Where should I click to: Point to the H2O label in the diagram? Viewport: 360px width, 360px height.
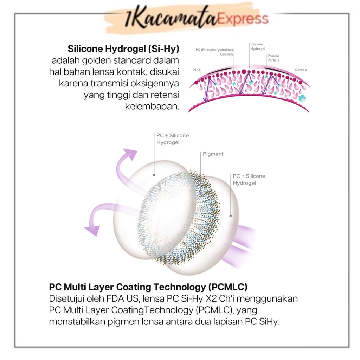click(x=197, y=70)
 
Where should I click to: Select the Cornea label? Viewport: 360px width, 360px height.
click(x=301, y=70)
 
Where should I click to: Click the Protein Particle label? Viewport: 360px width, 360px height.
click(x=274, y=58)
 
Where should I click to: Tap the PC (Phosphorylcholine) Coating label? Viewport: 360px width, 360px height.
click(x=214, y=52)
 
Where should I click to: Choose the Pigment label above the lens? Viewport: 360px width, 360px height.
click(x=213, y=154)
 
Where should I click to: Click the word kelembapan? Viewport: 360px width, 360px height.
click(x=152, y=107)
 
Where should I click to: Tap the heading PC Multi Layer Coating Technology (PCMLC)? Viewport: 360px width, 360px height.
click(x=148, y=287)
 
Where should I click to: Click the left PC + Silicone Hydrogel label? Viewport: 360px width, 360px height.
click(x=172, y=139)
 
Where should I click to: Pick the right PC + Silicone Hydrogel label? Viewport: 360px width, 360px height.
click(x=249, y=179)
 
